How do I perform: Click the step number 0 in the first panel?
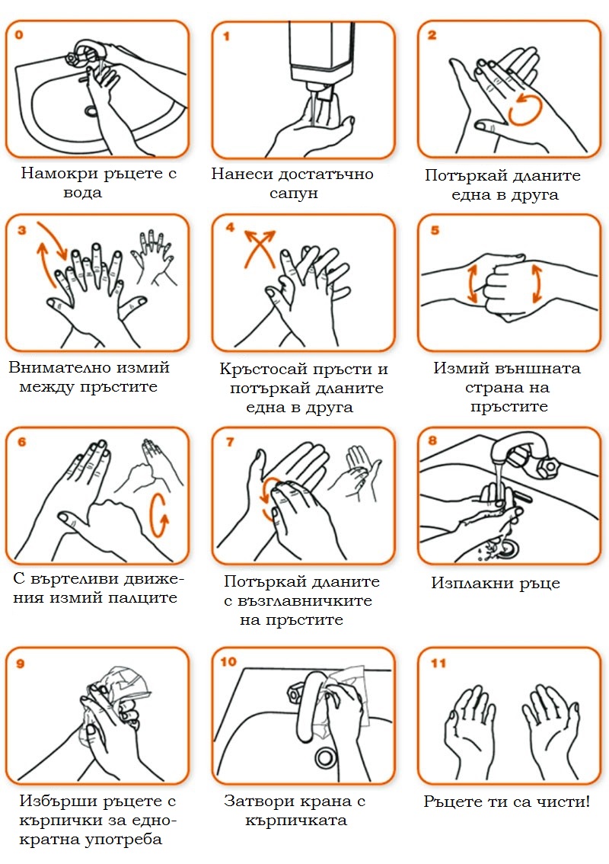[x=19, y=35]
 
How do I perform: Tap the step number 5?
[x=435, y=230]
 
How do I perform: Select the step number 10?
[x=228, y=662]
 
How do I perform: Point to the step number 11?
[x=438, y=663]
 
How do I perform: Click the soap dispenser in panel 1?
[x=315, y=58]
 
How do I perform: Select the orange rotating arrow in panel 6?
[x=159, y=514]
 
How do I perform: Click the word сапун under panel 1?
[x=294, y=194]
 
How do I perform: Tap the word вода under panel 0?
[x=82, y=193]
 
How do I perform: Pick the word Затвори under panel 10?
[x=254, y=801]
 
